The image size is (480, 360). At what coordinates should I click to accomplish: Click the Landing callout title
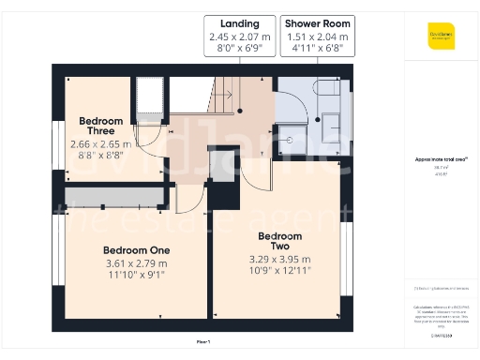point(240,22)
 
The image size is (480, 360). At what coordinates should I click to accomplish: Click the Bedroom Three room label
point(101,127)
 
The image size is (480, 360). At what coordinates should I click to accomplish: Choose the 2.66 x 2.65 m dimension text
point(101,144)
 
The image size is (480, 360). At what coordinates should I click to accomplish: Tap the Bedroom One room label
point(136,250)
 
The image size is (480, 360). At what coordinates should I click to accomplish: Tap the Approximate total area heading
point(441,159)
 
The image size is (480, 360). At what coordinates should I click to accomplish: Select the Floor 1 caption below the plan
point(203,341)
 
